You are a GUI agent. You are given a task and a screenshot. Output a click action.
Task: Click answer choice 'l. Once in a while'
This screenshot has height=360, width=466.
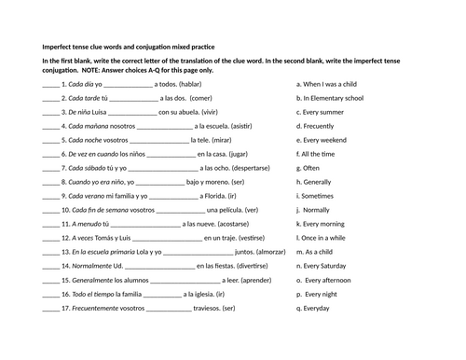[323, 238]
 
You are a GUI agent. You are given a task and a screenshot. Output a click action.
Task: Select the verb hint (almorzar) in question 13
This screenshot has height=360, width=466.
[264, 252]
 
